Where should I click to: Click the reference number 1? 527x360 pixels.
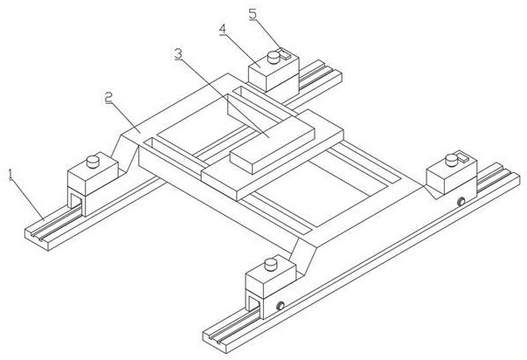tap(11, 174)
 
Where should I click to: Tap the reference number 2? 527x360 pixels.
tap(108, 98)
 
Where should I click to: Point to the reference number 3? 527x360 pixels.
tap(178, 53)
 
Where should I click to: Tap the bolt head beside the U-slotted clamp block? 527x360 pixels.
tap(281, 305)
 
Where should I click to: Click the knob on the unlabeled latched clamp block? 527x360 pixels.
tap(450, 158)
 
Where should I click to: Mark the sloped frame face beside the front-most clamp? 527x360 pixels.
tap(305, 258)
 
